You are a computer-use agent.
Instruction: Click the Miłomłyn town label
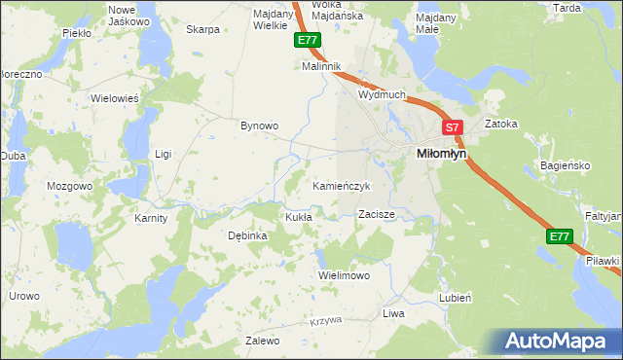(x=441, y=154)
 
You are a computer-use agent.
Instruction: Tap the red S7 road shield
(x=452, y=127)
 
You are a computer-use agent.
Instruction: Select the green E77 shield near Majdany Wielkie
(x=307, y=40)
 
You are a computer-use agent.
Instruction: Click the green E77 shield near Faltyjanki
(x=559, y=236)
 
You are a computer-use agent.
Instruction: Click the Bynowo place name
(x=260, y=126)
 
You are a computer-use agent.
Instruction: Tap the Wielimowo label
(x=345, y=275)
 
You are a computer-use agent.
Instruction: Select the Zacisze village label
(x=376, y=213)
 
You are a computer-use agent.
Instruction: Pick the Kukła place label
(x=298, y=217)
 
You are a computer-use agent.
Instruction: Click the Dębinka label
(x=246, y=235)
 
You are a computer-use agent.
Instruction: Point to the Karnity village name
(x=151, y=218)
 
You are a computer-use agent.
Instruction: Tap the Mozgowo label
(x=69, y=185)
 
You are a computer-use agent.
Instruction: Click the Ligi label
(x=164, y=154)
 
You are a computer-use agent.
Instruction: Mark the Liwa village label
(x=393, y=313)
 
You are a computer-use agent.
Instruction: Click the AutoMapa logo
(x=558, y=341)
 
